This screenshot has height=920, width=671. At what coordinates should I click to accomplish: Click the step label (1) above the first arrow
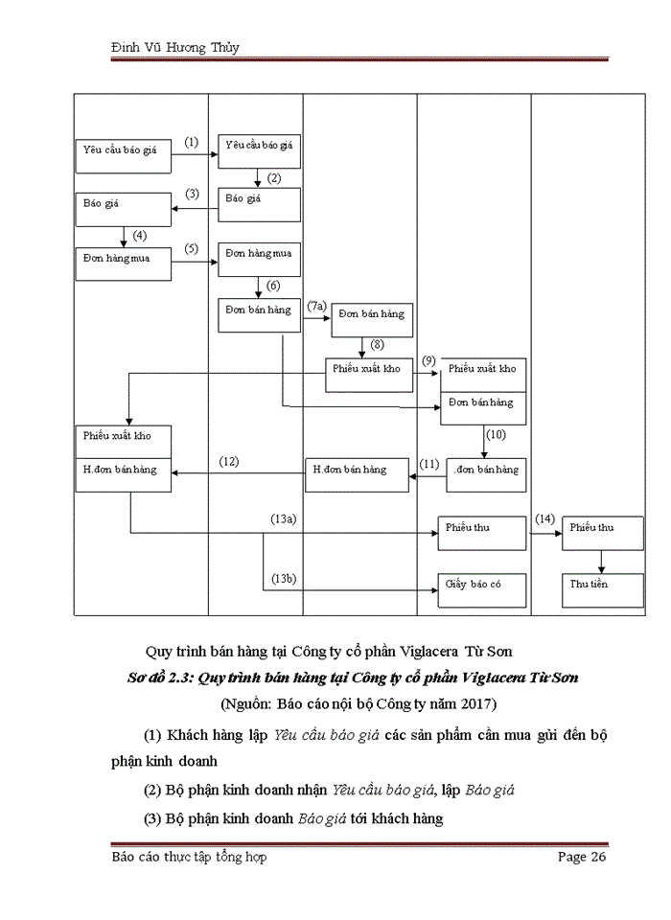coord(191,143)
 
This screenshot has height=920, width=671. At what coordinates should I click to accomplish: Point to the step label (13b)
coord(284,578)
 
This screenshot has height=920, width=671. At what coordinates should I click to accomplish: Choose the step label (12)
coord(229,461)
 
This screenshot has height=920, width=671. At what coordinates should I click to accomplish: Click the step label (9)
coord(428,360)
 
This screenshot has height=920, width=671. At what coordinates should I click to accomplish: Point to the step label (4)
coord(140,235)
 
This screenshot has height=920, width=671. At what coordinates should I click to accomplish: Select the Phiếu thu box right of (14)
coord(601,534)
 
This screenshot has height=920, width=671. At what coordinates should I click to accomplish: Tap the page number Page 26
coord(582,857)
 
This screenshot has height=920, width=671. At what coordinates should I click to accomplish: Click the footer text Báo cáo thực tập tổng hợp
coord(189,857)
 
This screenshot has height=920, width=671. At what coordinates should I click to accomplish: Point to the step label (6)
coord(273,286)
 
